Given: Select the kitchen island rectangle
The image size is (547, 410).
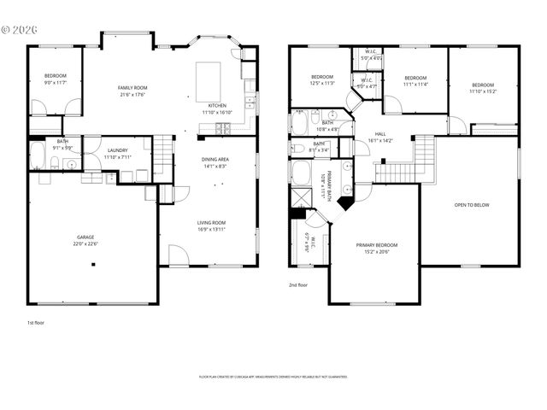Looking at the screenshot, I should [x=209, y=80].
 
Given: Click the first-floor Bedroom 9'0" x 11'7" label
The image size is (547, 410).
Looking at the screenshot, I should [x=56, y=79].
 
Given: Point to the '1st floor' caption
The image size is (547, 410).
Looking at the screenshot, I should [x=36, y=324].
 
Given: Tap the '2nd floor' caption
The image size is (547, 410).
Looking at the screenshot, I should [x=297, y=285].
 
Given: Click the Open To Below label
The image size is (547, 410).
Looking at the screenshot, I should [x=472, y=205].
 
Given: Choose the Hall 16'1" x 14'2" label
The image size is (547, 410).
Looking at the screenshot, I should [x=379, y=137].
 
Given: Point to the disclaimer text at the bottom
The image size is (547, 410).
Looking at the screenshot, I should [x=273, y=377].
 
